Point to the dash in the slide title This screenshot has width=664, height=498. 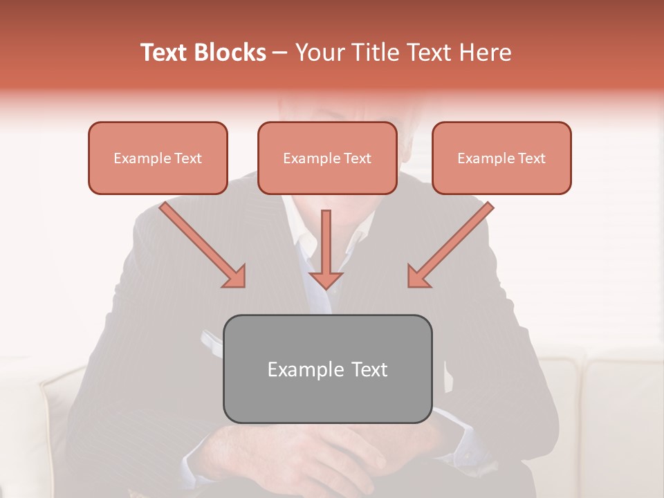[x=280, y=53]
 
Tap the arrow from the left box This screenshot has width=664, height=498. [x=201, y=243]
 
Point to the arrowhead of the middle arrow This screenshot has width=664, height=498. [x=326, y=279]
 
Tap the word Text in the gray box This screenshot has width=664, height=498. [x=369, y=369]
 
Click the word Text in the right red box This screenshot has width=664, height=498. [x=532, y=158]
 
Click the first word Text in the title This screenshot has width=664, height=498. [x=166, y=53]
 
